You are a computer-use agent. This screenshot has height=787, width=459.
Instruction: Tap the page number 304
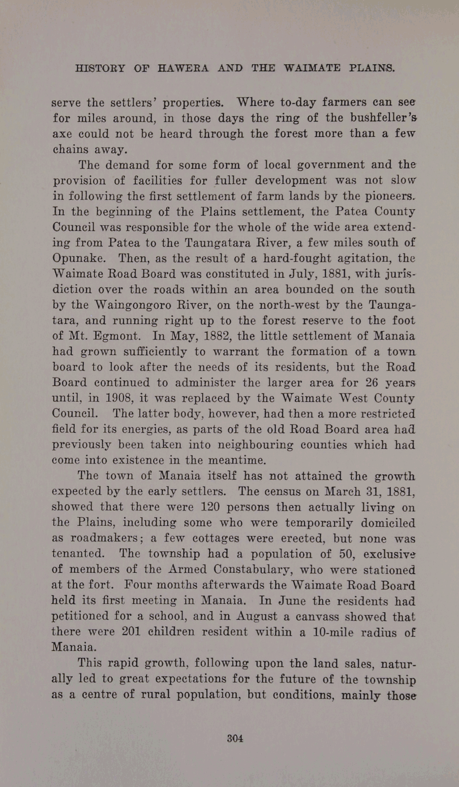point(235,738)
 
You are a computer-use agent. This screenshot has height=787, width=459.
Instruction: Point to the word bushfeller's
point(383,118)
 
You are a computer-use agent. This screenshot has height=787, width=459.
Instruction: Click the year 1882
point(217,336)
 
